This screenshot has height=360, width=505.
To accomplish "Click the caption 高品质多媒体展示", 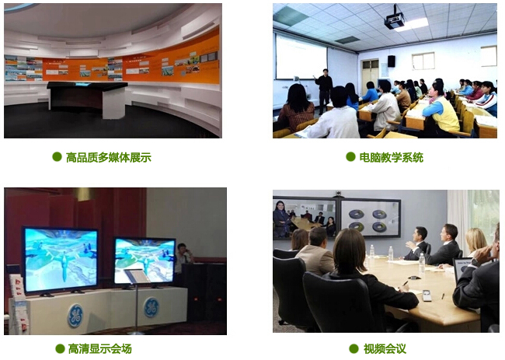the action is [x=109, y=158].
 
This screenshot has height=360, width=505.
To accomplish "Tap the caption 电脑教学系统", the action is [x=392, y=158].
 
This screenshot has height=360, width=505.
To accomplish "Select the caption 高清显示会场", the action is [x=100, y=348].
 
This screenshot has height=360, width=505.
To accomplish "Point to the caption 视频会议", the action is [x=385, y=348].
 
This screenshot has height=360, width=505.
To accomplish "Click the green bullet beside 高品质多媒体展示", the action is [x=57, y=157].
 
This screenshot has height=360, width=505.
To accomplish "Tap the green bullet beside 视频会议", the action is [x=353, y=348].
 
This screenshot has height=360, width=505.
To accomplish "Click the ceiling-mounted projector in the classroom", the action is [x=394, y=19].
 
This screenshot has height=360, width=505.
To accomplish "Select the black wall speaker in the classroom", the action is [x=392, y=61].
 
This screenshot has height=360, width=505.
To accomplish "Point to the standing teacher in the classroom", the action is [x=324, y=90].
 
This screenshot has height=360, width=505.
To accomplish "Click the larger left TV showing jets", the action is [x=61, y=260].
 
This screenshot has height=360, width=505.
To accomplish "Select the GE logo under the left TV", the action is [x=75, y=316].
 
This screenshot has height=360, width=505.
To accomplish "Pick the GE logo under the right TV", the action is [x=151, y=307].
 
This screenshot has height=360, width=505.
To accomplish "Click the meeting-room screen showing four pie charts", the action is [x=371, y=218].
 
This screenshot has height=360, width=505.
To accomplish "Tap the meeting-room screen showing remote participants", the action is [x=305, y=218].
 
